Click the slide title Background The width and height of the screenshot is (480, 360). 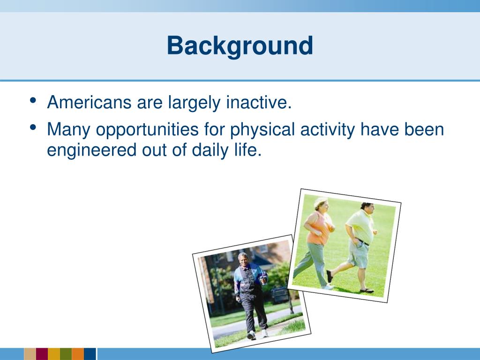pyautogui.click(x=240, y=46)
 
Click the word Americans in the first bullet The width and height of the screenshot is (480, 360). pyautogui.click(x=89, y=102)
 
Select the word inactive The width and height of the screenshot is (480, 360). pyautogui.click(x=259, y=102)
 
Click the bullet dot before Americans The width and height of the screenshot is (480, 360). pyautogui.click(x=33, y=100)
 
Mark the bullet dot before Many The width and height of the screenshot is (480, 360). pyautogui.click(x=33, y=127)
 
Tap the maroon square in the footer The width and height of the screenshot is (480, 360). pyautogui.click(x=42, y=354)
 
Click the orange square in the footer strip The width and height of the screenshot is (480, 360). pyautogui.click(x=78, y=354)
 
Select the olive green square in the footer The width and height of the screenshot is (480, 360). pyautogui.click(x=66, y=354)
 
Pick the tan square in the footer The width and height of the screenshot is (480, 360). pyautogui.click(x=30, y=354)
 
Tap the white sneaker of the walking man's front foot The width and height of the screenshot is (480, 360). pyautogui.click(x=251, y=335)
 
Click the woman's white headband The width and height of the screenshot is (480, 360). pyautogui.click(x=320, y=202)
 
